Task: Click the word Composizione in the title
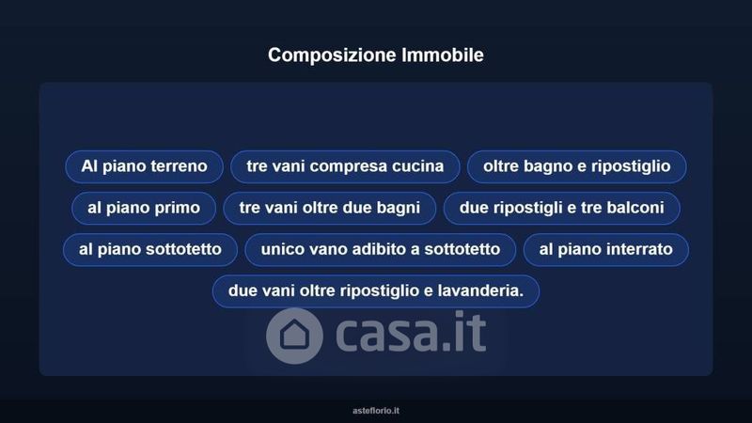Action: click(332, 55)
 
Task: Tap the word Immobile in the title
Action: click(443, 55)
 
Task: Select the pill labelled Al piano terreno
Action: click(145, 166)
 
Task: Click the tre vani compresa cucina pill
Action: click(345, 166)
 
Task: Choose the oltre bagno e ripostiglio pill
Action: click(577, 166)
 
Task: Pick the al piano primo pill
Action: click(144, 208)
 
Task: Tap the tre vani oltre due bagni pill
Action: click(330, 208)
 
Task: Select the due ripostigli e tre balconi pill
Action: click(561, 208)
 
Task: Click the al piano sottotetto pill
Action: click(150, 249)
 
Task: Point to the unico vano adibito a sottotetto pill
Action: click(381, 249)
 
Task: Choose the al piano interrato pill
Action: click(606, 249)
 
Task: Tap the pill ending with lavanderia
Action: click(376, 291)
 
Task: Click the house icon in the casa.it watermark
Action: click(294, 336)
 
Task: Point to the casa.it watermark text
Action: click(411, 332)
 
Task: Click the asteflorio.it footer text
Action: click(376, 411)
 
